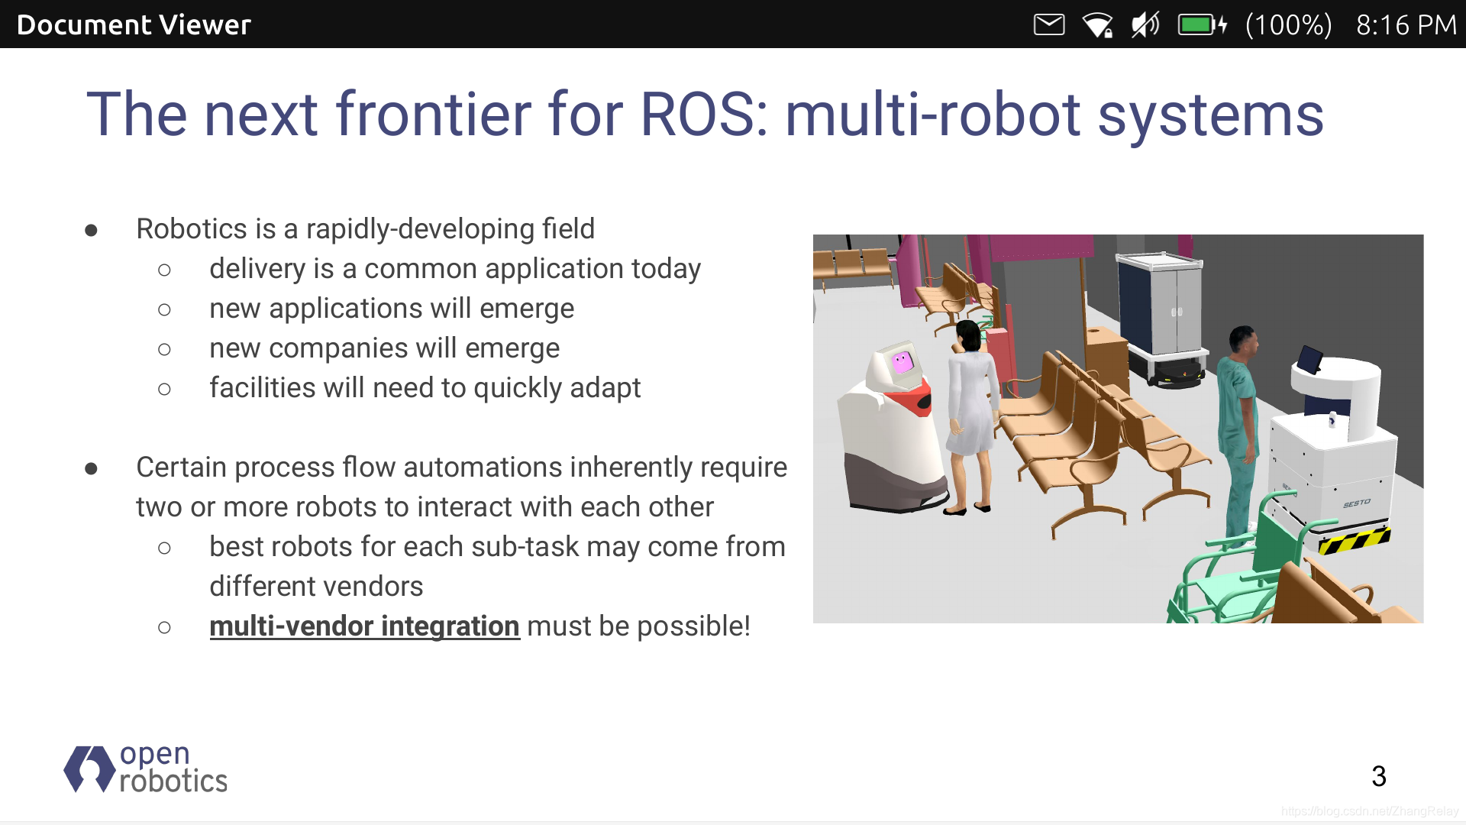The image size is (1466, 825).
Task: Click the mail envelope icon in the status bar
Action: pos(1049,24)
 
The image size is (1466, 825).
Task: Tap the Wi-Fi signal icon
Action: pos(1097,25)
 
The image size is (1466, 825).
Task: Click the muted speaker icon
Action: pos(1145,24)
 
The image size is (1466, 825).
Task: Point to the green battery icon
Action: pos(1203,24)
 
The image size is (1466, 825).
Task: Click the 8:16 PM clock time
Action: pos(1406,25)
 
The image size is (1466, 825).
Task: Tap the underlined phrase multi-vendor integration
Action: pos(364,626)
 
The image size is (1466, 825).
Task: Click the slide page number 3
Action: pos(1379,777)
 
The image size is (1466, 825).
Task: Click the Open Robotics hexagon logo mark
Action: pos(90,768)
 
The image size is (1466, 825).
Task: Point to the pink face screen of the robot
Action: pos(903,361)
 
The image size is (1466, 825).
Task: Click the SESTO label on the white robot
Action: pos(1357,503)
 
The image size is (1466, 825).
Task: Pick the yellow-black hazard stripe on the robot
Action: pos(1355,540)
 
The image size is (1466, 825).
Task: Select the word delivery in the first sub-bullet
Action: pos(258,270)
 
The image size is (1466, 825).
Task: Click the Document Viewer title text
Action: pos(134,25)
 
